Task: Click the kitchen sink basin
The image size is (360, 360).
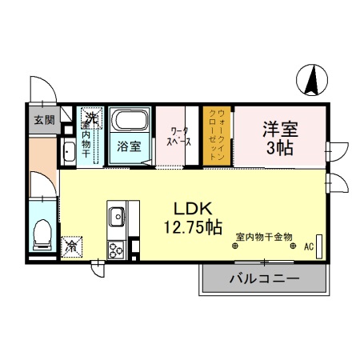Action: click(116, 215)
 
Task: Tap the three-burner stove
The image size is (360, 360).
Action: click(115, 247)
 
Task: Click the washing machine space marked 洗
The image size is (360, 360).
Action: click(92, 118)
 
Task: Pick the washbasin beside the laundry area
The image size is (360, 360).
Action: click(67, 154)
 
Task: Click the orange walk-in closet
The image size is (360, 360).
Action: click(217, 136)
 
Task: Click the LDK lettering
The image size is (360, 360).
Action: click(193, 205)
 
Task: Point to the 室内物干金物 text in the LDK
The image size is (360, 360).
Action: click(264, 236)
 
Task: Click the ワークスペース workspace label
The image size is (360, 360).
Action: click(178, 136)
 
